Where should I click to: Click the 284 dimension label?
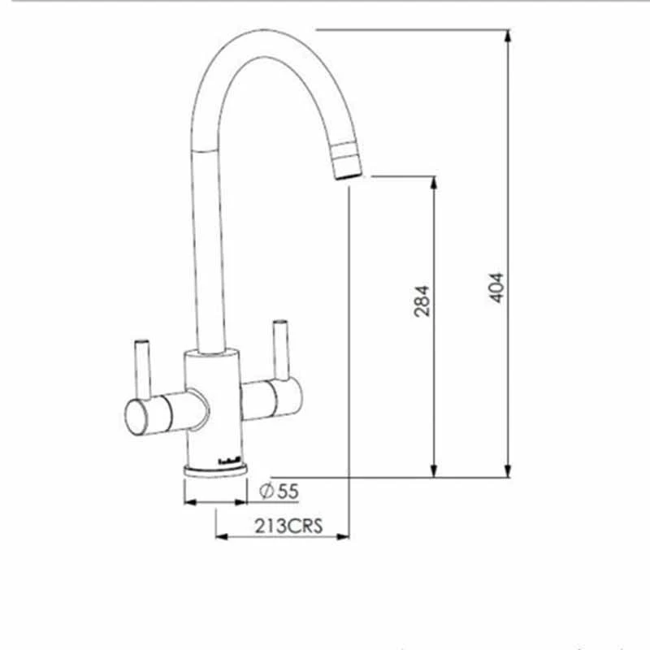tap(423, 300)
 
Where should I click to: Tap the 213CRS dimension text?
tap(288, 526)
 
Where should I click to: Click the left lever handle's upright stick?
tap(142, 366)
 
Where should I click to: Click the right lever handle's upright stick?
tap(282, 349)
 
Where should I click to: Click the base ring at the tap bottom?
tap(215, 472)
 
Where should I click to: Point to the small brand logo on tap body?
tap(229, 462)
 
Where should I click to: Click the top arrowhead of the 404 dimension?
tap(508, 36)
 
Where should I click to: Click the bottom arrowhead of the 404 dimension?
tap(508, 470)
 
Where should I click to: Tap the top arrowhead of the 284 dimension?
tap(434, 183)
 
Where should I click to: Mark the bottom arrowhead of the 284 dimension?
tap(434, 470)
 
